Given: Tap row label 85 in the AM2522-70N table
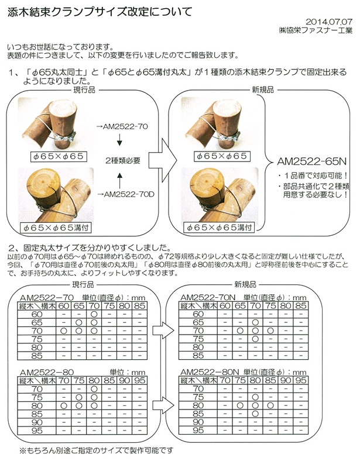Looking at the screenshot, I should point(198,355).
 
